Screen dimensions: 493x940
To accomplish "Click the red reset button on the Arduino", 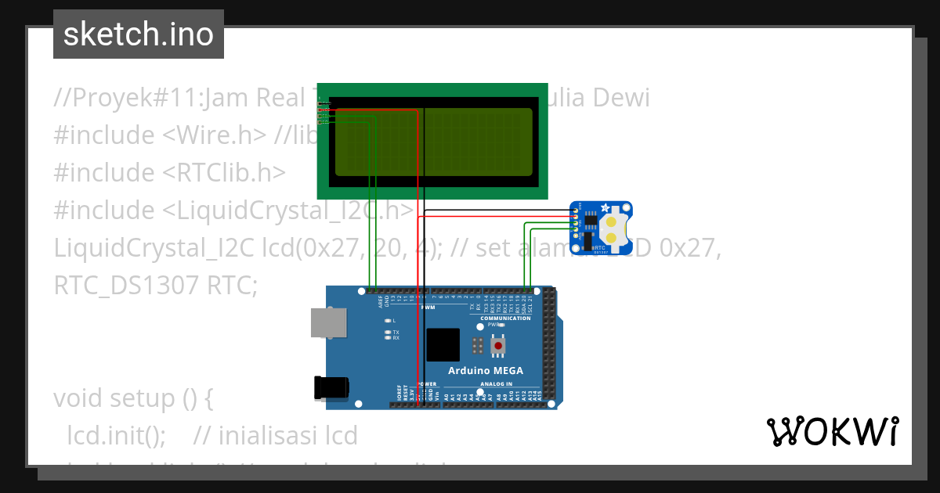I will [497, 345].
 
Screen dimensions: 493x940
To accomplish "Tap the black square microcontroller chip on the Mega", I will [443, 344].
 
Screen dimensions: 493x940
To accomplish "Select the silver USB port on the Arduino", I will [328, 322].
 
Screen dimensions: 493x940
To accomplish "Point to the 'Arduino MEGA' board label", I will [485, 370].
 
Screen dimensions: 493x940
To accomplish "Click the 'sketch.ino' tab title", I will [139, 34].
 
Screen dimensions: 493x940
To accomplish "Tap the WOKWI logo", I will [832, 432].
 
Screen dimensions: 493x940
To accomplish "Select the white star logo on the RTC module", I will [604, 209].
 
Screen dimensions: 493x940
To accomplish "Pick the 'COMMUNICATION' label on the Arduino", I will [505, 318].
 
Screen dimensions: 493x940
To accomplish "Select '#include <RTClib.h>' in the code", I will [170, 172].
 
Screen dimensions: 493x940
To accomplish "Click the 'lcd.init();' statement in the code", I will [116, 435].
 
